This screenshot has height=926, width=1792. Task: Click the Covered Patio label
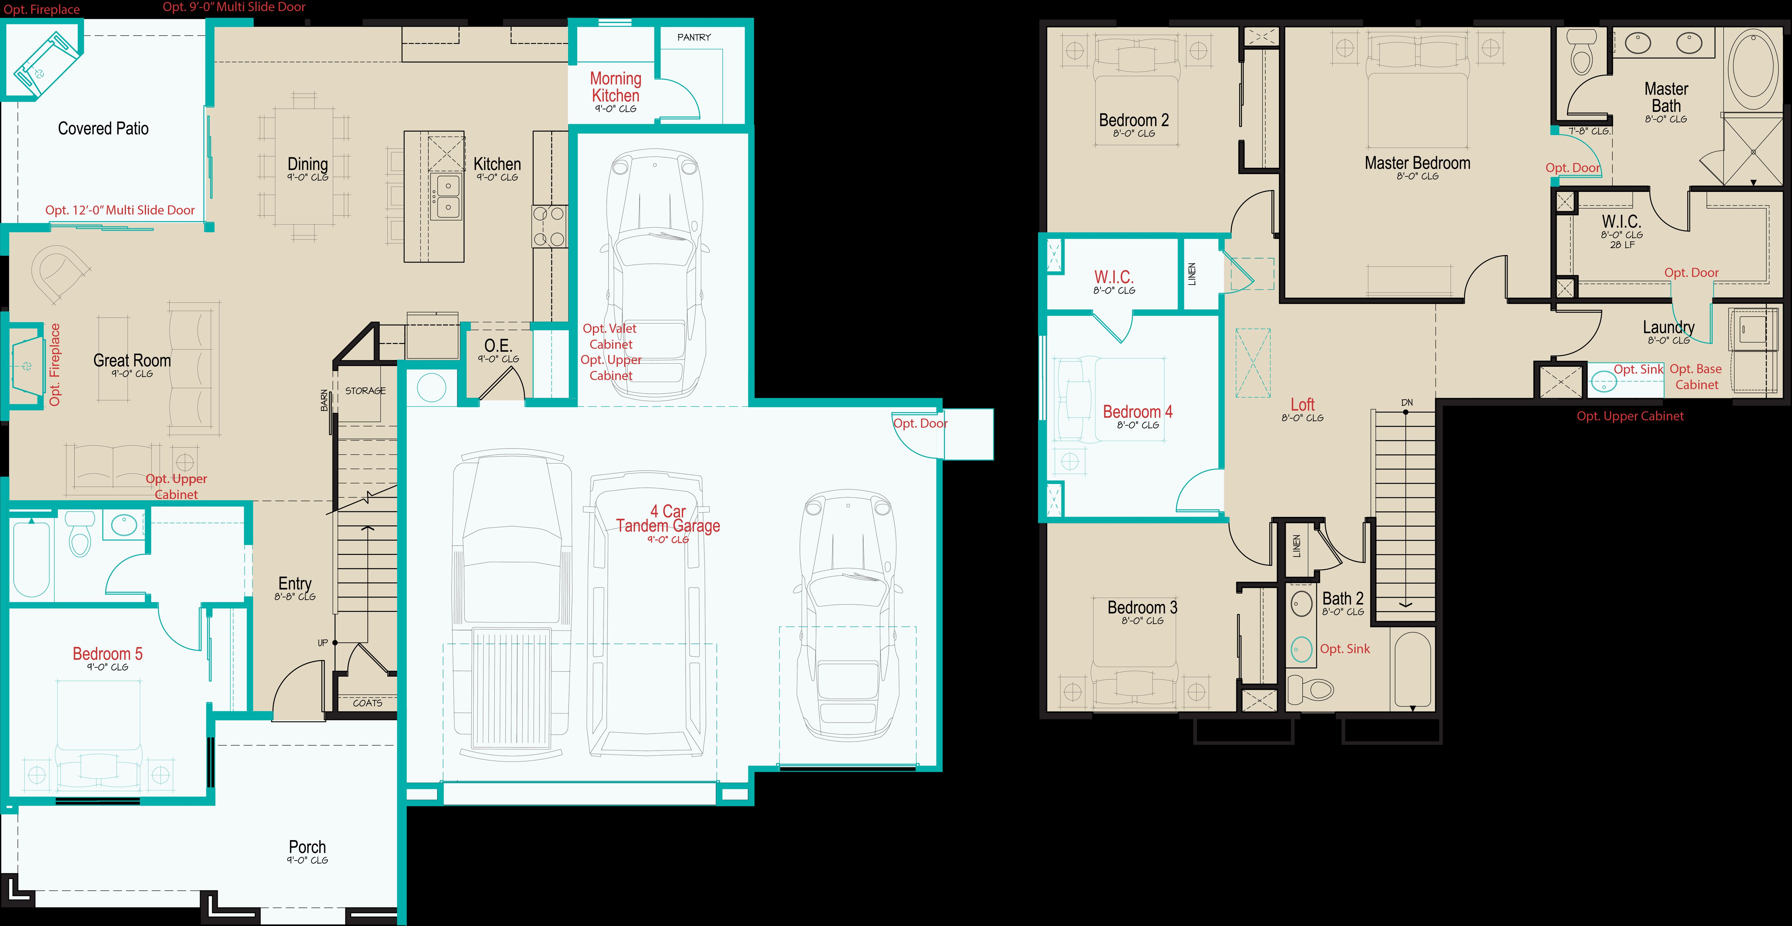[103, 129]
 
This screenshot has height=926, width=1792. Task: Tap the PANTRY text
[693, 38]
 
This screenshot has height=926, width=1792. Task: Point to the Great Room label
[132, 361]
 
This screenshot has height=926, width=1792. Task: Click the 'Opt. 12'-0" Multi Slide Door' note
[120, 210]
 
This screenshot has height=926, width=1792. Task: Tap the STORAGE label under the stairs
[365, 391]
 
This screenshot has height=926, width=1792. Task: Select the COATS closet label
[367, 703]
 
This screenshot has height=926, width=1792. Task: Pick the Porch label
[307, 847]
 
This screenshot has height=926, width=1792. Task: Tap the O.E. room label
[497, 346]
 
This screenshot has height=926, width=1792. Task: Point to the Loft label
[1302, 405]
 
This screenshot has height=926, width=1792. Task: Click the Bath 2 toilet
[1311, 689]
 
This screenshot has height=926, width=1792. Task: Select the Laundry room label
[1668, 327]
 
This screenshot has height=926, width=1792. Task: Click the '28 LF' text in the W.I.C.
[1622, 245]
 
